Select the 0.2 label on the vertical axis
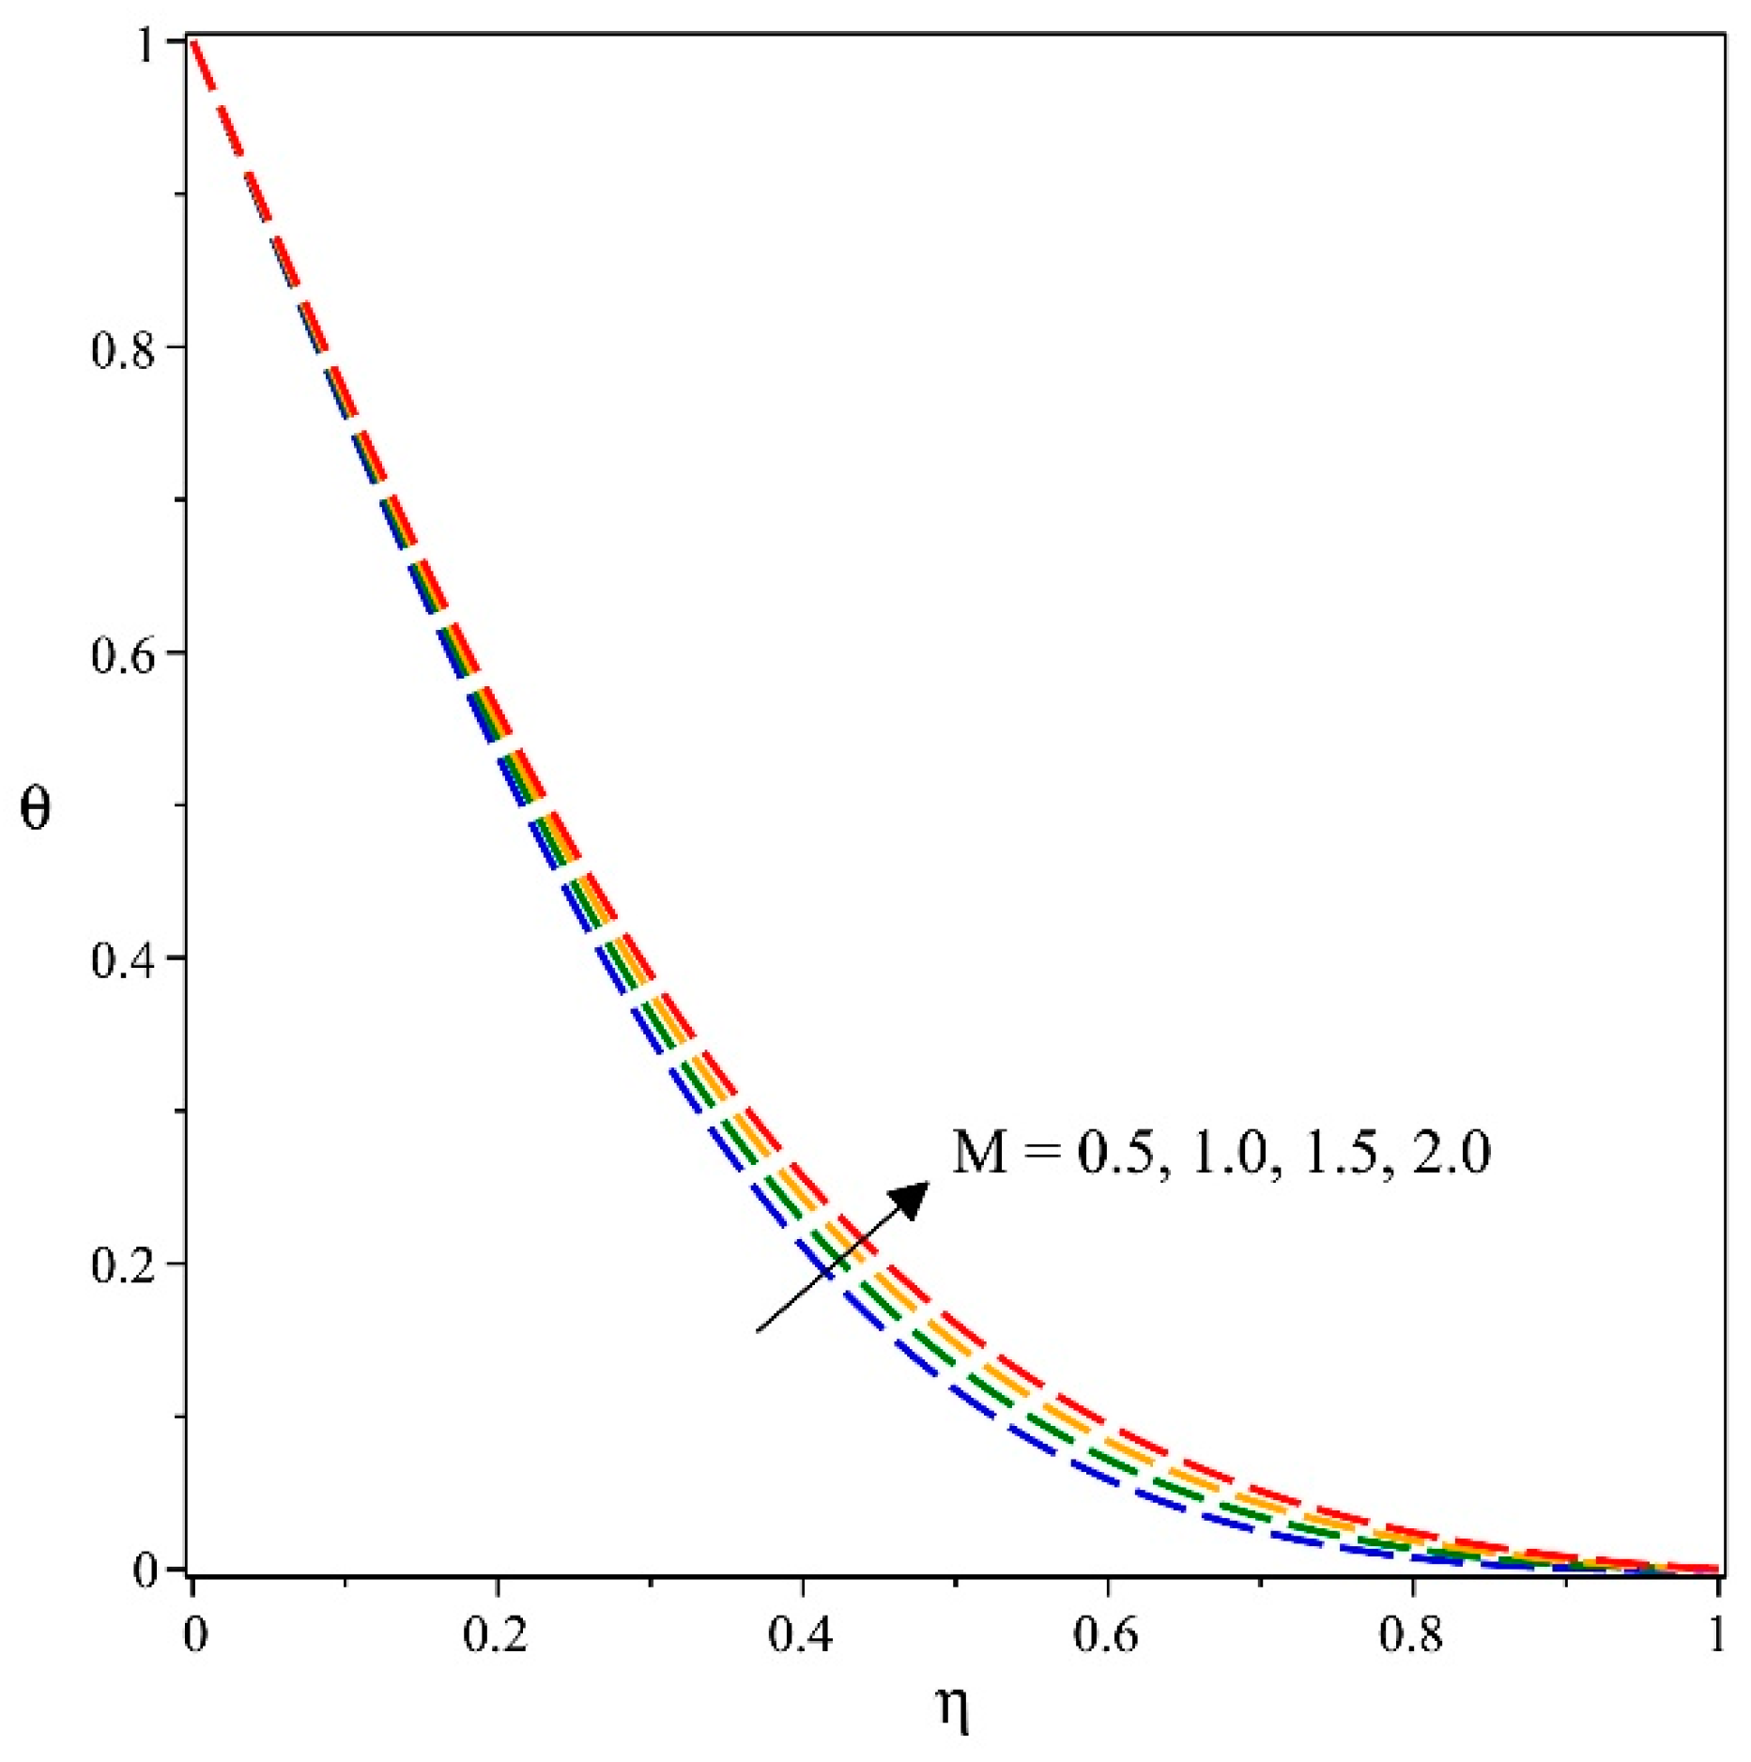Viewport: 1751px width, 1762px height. coord(123,1264)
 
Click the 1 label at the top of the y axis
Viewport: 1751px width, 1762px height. coord(146,44)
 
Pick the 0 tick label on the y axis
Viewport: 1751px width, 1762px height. coord(146,1570)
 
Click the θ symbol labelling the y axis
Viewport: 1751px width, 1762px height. coord(36,806)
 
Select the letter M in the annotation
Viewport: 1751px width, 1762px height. coord(981,1152)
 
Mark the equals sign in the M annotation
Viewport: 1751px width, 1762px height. coord(1042,1152)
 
